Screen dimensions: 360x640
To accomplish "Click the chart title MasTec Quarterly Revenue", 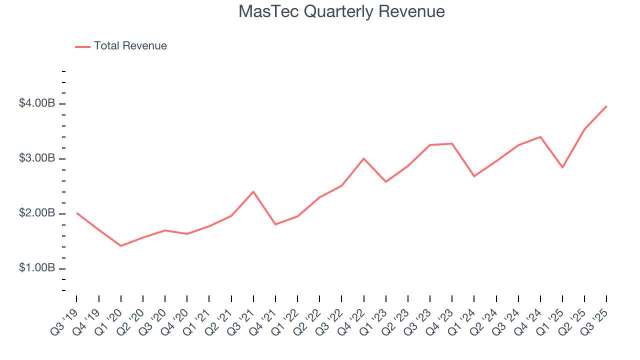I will [341, 11].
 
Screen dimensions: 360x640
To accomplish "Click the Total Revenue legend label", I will [130, 46].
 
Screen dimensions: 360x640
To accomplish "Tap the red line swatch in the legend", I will [82, 46].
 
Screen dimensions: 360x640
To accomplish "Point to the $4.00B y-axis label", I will [37, 103].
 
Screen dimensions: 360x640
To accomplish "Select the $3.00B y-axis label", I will [37, 158].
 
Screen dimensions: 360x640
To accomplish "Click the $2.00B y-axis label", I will [37, 213].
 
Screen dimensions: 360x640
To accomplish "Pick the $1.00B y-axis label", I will [37, 268].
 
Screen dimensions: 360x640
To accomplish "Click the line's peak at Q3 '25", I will [606, 106].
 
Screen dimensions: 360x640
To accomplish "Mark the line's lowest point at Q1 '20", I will [121, 246].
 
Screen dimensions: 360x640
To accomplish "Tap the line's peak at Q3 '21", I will [253, 191].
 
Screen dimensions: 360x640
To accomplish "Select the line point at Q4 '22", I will [364, 158].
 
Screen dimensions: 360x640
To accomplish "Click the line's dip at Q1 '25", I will [562, 167].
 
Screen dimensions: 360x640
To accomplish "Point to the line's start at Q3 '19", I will [77, 213].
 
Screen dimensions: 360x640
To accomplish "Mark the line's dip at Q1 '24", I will [474, 176].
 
